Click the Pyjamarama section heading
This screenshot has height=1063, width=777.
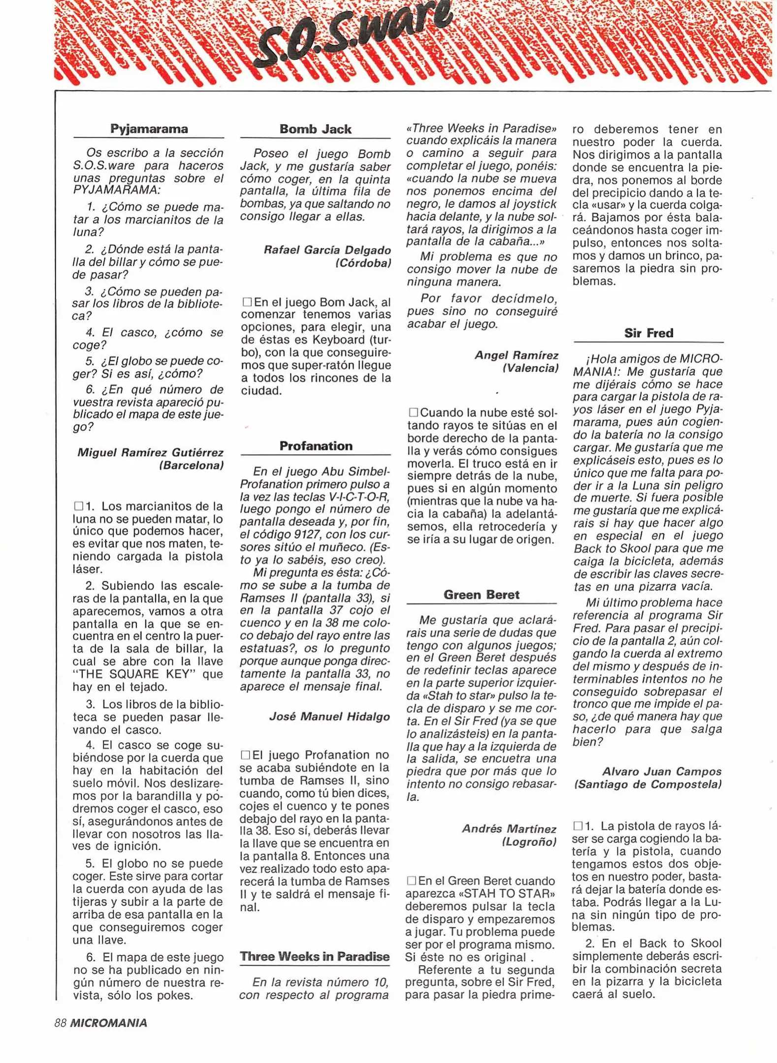149,129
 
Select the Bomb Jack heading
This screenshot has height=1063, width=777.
315,129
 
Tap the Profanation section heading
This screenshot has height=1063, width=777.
316,446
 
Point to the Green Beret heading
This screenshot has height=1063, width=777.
481,594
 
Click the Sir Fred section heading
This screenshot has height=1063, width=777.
648,333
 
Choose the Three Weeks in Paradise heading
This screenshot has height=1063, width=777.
315,956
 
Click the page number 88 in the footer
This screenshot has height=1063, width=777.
60,1023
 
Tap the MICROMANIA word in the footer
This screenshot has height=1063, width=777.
108,1023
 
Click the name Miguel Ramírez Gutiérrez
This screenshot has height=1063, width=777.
150,452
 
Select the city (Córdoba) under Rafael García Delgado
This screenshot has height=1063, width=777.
363,263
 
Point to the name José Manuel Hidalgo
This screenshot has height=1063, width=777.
329,717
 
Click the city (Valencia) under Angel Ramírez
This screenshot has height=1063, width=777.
530,368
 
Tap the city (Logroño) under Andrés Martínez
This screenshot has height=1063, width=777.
528,842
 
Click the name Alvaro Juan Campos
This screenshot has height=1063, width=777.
661,772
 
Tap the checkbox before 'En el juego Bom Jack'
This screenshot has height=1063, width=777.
247,302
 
